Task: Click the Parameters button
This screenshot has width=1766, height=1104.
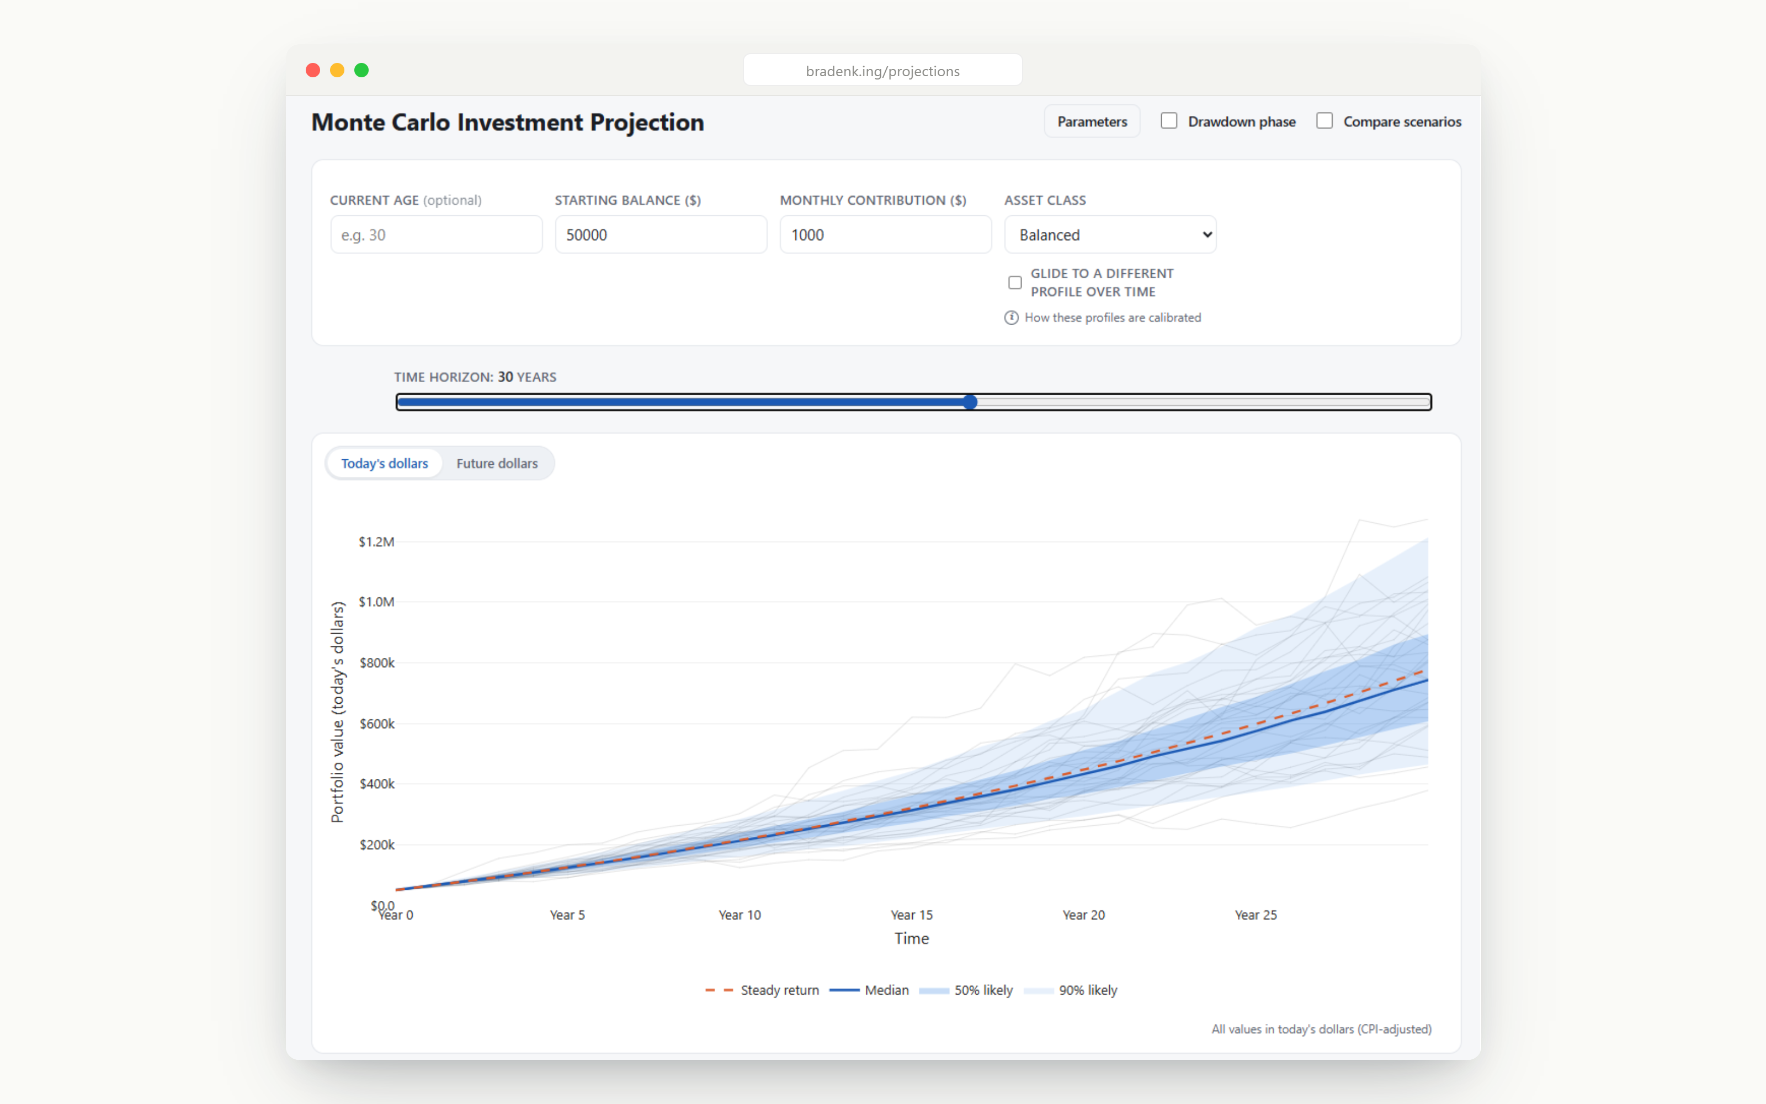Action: [x=1092, y=121]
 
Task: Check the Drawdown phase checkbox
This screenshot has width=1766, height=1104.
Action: [x=1169, y=120]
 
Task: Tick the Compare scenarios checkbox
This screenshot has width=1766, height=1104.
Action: [x=1324, y=120]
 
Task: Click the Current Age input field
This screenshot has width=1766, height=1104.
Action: [x=437, y=235]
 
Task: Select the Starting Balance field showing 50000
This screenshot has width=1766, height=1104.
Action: [x=661, y=235]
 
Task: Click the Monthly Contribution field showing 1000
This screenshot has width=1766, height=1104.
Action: [x=886, y=235]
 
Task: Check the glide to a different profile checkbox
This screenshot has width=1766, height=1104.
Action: [x=1015, y=283]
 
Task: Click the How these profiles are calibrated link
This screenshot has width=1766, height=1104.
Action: [x=1112, y=317]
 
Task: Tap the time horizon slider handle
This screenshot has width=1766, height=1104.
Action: [x=970, y=402]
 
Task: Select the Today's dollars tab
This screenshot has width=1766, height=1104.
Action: [x=385, y=464]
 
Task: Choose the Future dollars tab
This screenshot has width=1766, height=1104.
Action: [x=497, y=464]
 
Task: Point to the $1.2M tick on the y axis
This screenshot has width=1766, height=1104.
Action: [x=376, y=542]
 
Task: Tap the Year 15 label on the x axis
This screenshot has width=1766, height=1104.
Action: [x=912, y=915]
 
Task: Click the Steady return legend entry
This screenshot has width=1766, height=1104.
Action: [x=762, y=990]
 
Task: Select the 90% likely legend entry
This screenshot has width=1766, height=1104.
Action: [x=1071, y=990]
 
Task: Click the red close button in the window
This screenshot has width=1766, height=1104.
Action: [x=313, y=70]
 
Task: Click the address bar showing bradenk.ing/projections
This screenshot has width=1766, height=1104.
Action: [x=882, y=70]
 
